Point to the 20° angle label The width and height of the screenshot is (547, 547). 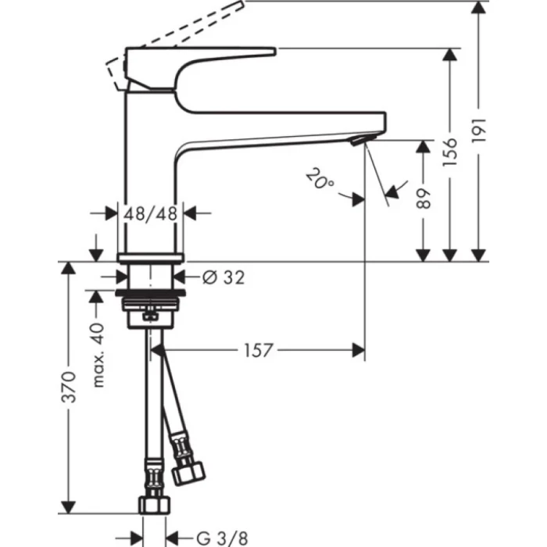coord(320,182)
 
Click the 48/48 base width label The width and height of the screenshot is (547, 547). coord(150,213)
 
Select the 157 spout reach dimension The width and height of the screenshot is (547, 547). coord(256,351)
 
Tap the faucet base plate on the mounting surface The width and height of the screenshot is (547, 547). coord(150,258)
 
